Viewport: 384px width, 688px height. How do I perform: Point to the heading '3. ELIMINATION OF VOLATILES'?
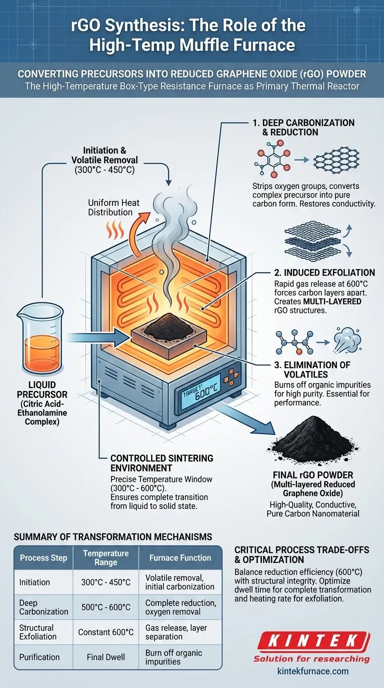click(x=312, y=369)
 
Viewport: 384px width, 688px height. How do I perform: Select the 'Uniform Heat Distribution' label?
click(x=113, y=207)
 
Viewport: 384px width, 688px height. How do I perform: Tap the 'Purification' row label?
click(x=39, y=656)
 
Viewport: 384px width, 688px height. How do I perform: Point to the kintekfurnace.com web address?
click(x=312, y=671)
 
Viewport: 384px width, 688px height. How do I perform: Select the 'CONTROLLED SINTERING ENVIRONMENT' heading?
click(x=161, y=463)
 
